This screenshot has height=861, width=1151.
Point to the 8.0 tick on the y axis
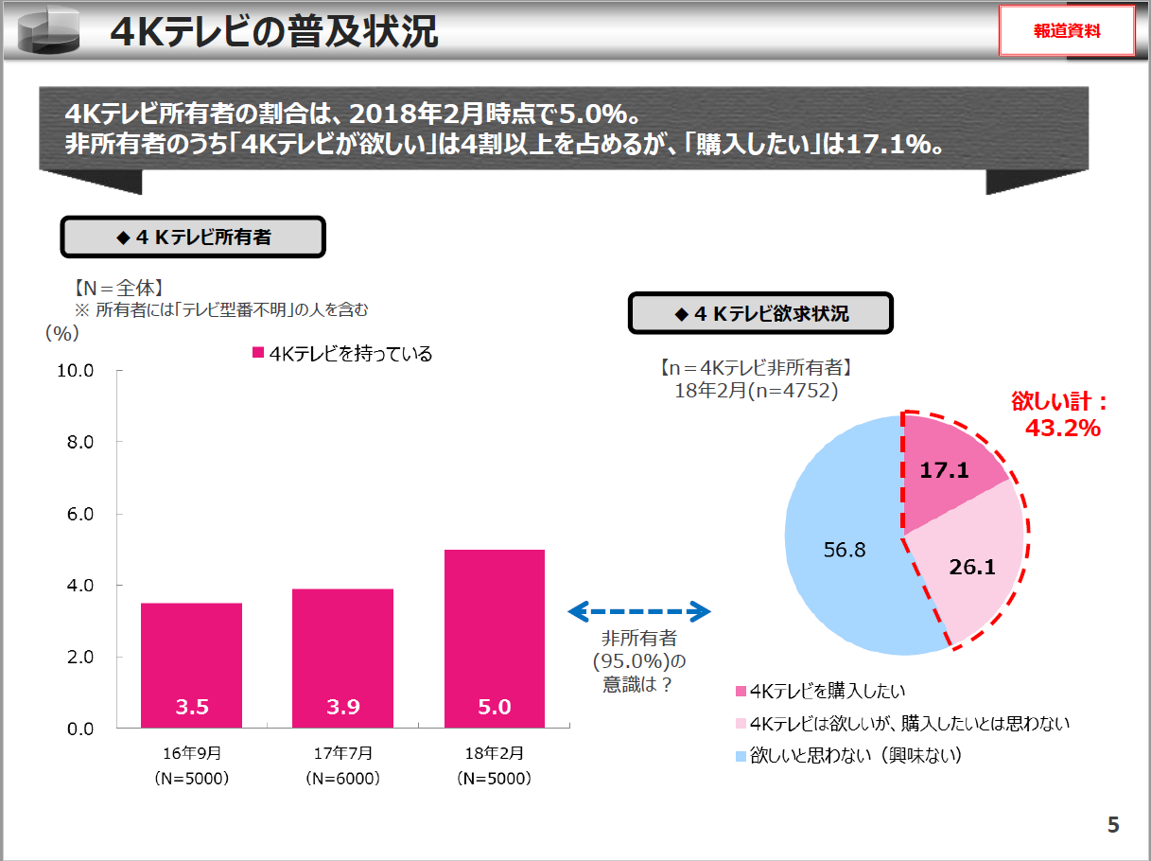tap(78, 442)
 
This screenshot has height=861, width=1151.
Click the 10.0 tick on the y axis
tap(76, 370)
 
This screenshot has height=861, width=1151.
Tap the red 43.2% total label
tap(1063, 428)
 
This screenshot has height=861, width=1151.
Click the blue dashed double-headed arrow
tap(639, 612)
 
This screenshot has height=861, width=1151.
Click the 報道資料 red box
tap(1066, 31)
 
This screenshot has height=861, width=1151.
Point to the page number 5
tap(1113, 825)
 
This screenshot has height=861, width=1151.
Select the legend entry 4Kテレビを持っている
tap(342, 354)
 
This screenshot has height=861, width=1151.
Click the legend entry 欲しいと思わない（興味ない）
tap(847, 756)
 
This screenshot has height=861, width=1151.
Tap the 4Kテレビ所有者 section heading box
tap(193, 237)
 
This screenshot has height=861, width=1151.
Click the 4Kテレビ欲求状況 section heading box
tap(760, 313)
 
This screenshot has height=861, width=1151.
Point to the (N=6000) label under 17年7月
tap(342, 779)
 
